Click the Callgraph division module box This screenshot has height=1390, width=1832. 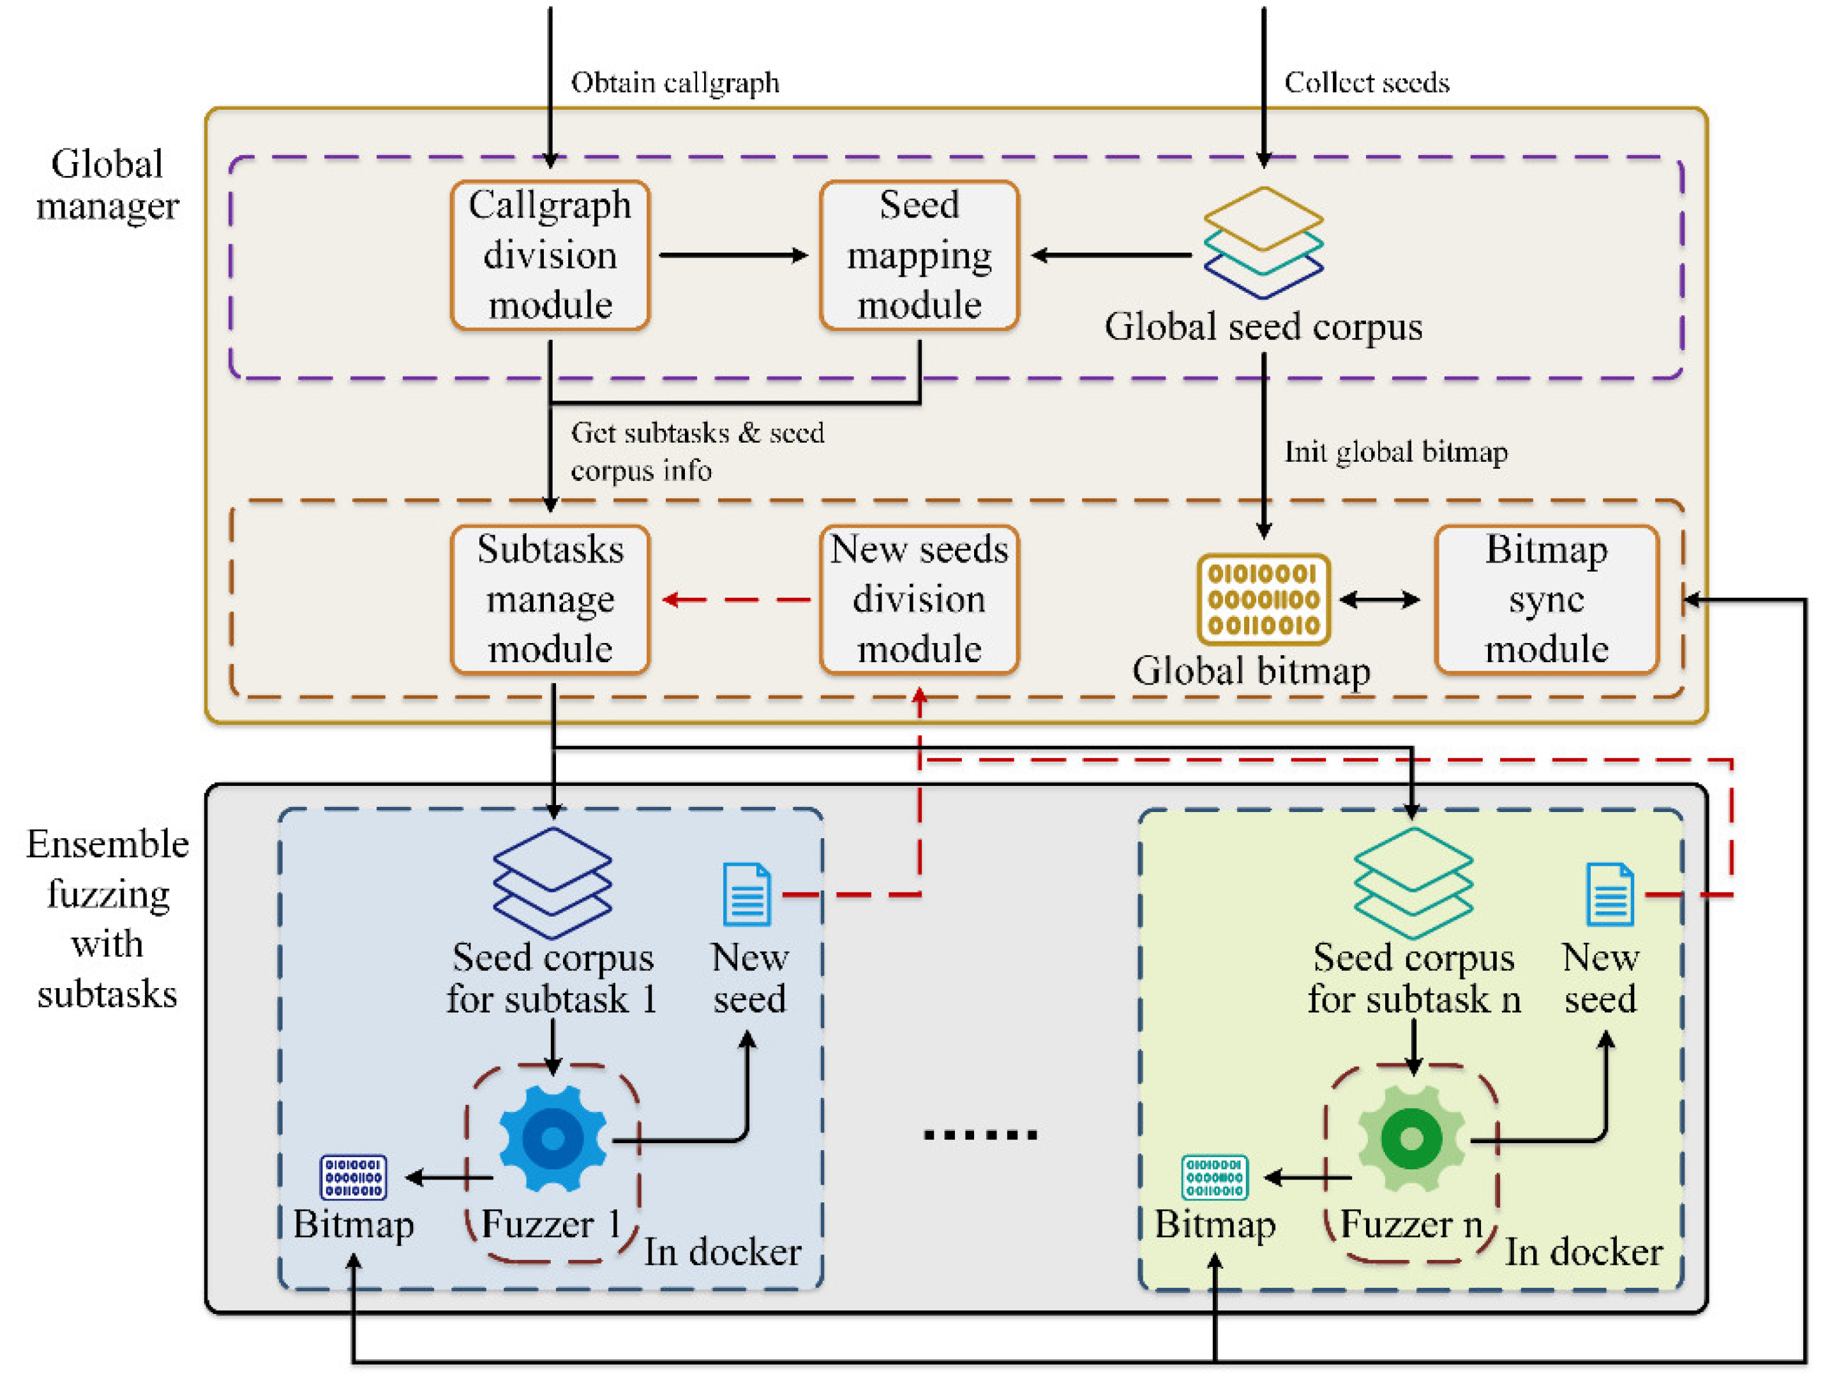tap(550, 255)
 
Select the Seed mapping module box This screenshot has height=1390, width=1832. tap(919, 255)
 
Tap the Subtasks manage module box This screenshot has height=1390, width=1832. tap(550, 600)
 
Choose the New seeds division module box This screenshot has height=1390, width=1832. tap(919, 600)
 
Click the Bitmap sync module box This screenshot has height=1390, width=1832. tap(1545, 600)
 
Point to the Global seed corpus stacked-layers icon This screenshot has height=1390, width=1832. tap(1263, 242)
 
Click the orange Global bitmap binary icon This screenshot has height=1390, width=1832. tap(1263, 600)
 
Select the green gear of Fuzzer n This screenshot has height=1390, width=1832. tap(1412, 1138)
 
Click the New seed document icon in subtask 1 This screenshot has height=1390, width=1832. tap(747, 894)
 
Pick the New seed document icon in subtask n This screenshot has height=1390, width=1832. tap(1609, 894)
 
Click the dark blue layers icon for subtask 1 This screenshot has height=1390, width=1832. tap(552, 882)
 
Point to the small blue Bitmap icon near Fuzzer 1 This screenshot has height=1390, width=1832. tap(354, 1177)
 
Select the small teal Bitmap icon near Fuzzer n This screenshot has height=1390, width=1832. tap(1214, 1177)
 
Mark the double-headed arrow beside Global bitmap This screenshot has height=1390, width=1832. tap(1379, 600)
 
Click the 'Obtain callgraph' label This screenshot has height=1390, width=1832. tap(675, 83)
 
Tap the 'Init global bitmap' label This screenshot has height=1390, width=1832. tap(1395, 452)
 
